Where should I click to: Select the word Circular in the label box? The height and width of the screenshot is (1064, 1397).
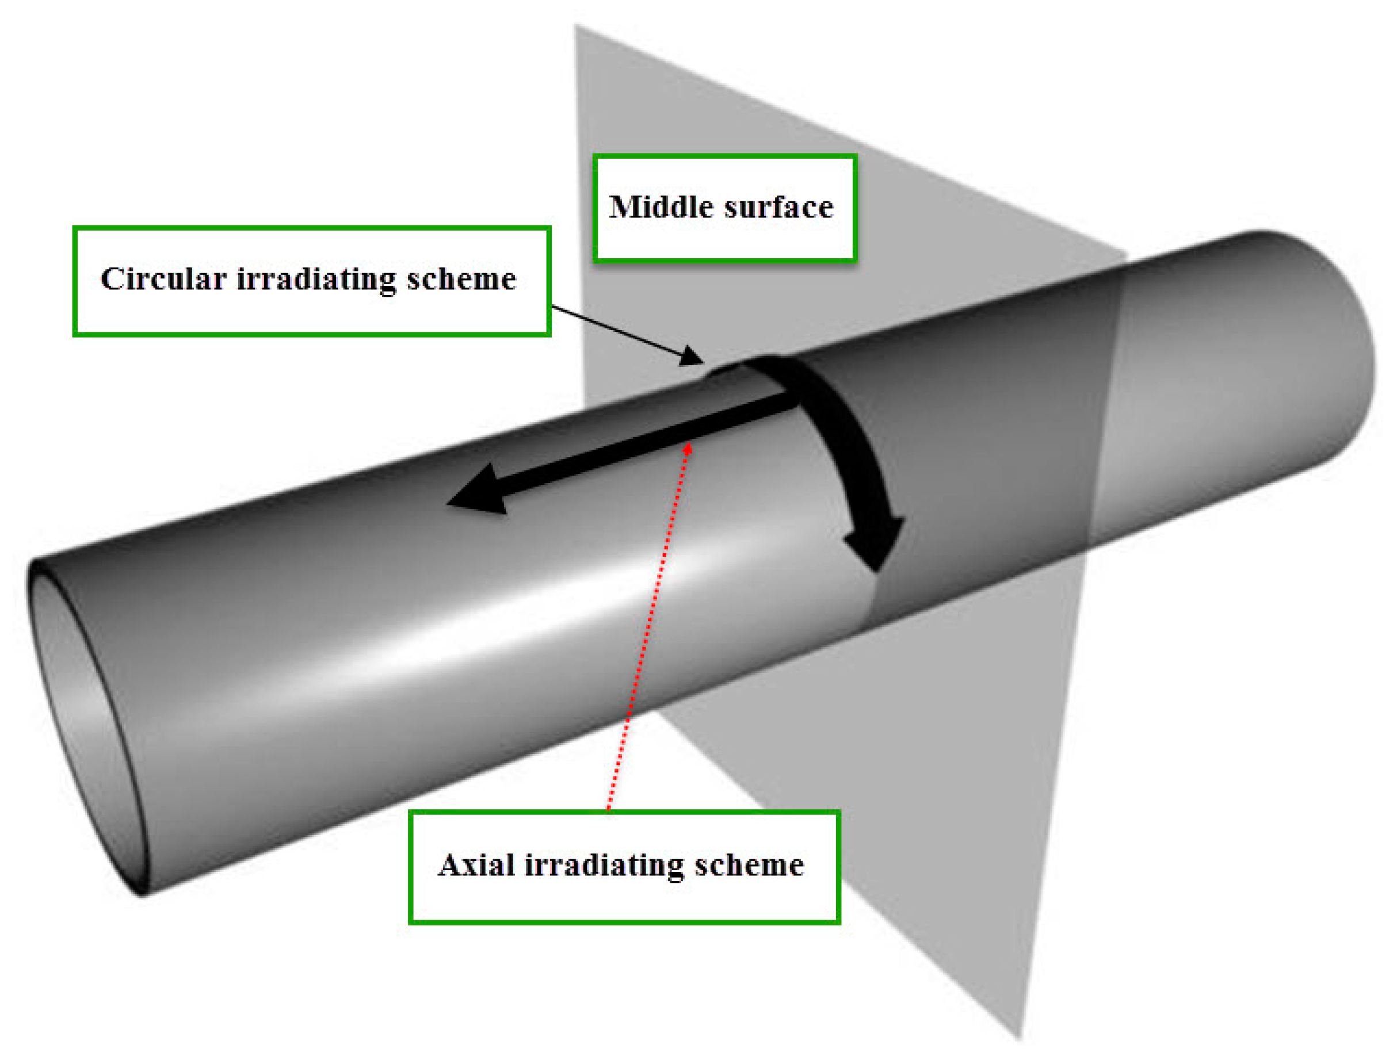click(x=163, y=280)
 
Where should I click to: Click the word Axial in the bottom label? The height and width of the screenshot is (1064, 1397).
click(x=476, y=866)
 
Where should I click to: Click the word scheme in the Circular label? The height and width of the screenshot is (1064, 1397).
click(x=461, y=280)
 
